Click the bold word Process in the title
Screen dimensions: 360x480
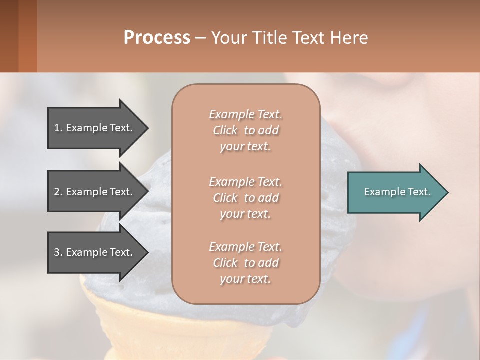157,38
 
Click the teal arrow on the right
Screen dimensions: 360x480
395,192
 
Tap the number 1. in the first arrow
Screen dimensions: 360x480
58,128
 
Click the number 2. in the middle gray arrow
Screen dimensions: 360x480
58,192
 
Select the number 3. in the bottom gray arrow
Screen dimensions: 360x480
58,252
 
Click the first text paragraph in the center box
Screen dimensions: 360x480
245,130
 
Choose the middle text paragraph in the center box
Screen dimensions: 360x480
245,198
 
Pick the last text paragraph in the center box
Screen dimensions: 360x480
245,263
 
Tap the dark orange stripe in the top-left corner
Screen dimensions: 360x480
27,36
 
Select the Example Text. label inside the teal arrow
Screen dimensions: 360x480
397,192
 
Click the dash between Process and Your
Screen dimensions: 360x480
200,38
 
